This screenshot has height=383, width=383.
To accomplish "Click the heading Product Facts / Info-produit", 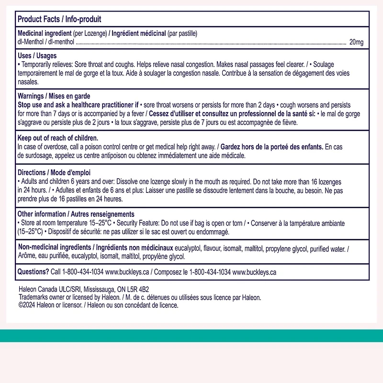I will point(59,19).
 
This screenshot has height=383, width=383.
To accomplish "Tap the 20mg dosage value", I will point(356,43).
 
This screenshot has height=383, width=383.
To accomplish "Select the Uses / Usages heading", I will point(37,56).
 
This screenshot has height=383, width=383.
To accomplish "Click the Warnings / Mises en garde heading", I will point(54,96).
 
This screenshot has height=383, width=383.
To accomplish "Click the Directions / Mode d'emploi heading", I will point(54,172).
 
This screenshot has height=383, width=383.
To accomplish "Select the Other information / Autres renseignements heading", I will point(76,214).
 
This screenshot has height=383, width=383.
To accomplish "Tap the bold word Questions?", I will point(33,271).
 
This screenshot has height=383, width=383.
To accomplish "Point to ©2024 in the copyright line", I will point(26,305).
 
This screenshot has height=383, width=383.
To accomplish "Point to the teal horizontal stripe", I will point(191,335).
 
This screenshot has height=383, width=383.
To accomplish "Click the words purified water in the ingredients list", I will point(327,248).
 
